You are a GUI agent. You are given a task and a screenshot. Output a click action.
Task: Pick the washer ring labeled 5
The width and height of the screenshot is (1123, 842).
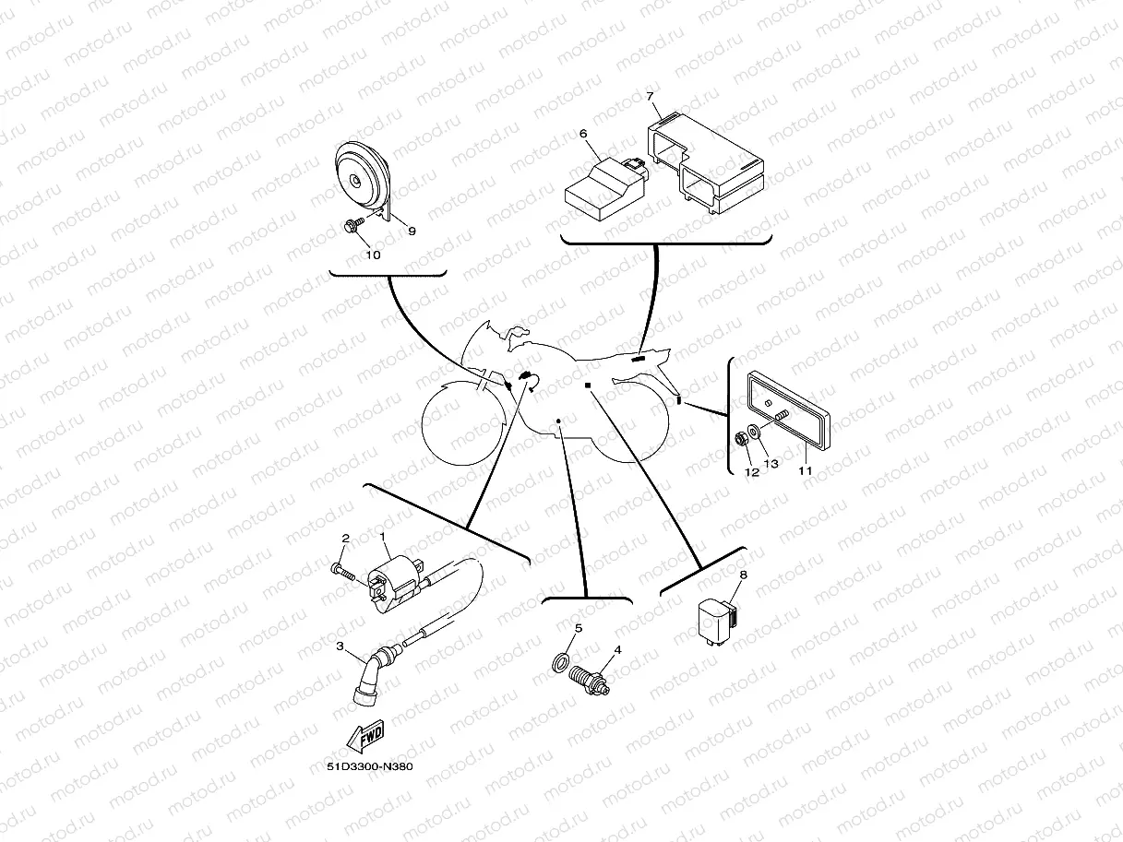coord(561,662)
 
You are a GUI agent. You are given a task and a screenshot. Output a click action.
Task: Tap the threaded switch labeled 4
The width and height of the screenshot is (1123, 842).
coord(589,681)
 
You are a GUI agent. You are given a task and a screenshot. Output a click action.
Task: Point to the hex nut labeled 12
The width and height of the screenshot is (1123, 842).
coord(740,439)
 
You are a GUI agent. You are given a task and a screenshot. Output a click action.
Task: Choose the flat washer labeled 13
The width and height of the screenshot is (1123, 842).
coord(754,433)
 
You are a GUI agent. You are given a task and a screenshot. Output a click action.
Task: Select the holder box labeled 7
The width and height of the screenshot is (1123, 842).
coord(706,162)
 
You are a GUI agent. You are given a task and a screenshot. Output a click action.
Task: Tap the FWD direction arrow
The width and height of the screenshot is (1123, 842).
coord(365,736)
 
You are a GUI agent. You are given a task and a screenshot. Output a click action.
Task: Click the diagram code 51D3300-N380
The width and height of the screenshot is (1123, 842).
coord(369,767)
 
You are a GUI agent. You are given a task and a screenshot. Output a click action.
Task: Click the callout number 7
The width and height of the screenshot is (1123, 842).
coord(650,96)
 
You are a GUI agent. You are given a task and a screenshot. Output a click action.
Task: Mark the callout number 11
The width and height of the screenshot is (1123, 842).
coord(806,470)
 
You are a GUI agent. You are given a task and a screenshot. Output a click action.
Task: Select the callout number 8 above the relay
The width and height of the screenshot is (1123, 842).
coord(744,575)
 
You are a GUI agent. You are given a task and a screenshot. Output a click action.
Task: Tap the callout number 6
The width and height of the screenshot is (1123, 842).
coord(583,134)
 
